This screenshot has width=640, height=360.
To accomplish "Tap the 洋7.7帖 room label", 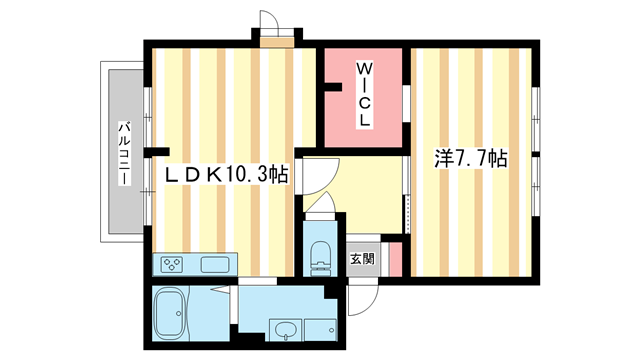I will click(469, 159).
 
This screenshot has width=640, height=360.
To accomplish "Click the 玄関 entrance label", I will click(361, 258).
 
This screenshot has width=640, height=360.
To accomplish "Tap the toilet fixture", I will click(321, 255).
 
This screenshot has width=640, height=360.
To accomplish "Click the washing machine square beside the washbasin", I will click(321, 329).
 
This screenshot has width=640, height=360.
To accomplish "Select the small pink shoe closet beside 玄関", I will click(394, 258).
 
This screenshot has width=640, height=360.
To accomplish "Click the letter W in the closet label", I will click(365, 69).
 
